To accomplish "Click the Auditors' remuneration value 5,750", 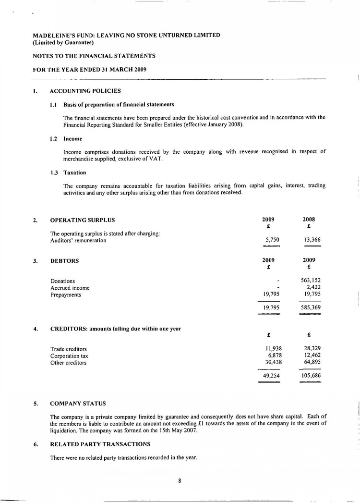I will pos(272,240).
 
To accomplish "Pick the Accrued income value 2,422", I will pos(314,288).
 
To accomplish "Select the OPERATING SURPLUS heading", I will pos(83,221).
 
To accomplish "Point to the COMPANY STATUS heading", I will pos(78,403).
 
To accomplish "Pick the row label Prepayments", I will pos(66,294).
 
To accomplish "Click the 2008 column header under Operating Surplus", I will pos(309,219).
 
